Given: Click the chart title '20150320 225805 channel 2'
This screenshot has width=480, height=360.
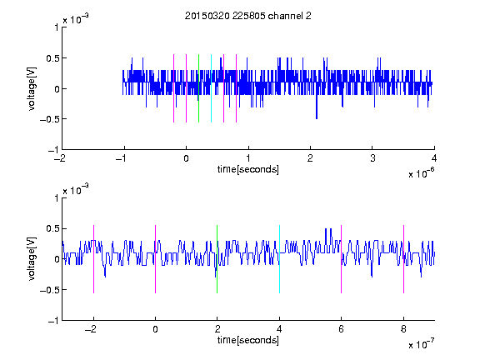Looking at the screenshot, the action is (x=248, y=16).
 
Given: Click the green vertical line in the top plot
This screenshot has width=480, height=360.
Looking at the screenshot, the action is (x=198, y=88).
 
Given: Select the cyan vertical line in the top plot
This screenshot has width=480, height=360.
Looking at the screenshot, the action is (x=211, y=88).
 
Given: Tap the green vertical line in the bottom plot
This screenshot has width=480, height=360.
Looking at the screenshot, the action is (x=217, y=259).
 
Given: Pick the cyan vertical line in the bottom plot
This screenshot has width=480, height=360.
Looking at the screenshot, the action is (x=279, y=259).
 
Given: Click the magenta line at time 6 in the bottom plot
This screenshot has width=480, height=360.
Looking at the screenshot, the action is (x=342, y=259).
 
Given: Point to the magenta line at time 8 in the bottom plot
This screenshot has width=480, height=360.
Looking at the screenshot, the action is (x=404, y=259).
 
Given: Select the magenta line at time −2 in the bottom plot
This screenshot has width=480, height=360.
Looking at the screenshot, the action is (x=93, y=259).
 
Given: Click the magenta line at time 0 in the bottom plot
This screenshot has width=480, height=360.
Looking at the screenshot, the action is (x=156, y=259).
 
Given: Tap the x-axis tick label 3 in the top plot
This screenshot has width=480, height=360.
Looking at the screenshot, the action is (x=372, y=158).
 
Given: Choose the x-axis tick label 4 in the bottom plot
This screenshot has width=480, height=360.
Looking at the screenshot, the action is (x=279, y=329).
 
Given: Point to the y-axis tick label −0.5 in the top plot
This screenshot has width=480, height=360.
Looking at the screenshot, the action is (x=49, y=119).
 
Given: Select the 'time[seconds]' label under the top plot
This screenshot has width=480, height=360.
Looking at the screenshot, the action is (x=248, y=169).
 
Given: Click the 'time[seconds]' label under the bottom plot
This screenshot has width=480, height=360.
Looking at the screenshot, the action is (x=248, y=340).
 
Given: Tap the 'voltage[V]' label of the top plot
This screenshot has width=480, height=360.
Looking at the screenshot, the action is (x=32, y=88).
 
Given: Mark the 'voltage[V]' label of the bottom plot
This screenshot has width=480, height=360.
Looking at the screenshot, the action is (x=32, y=259).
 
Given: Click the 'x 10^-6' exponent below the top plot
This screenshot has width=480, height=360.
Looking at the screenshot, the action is (x=422, y=173).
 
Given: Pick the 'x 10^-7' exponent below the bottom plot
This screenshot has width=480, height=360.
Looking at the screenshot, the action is (x=422, y=344).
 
